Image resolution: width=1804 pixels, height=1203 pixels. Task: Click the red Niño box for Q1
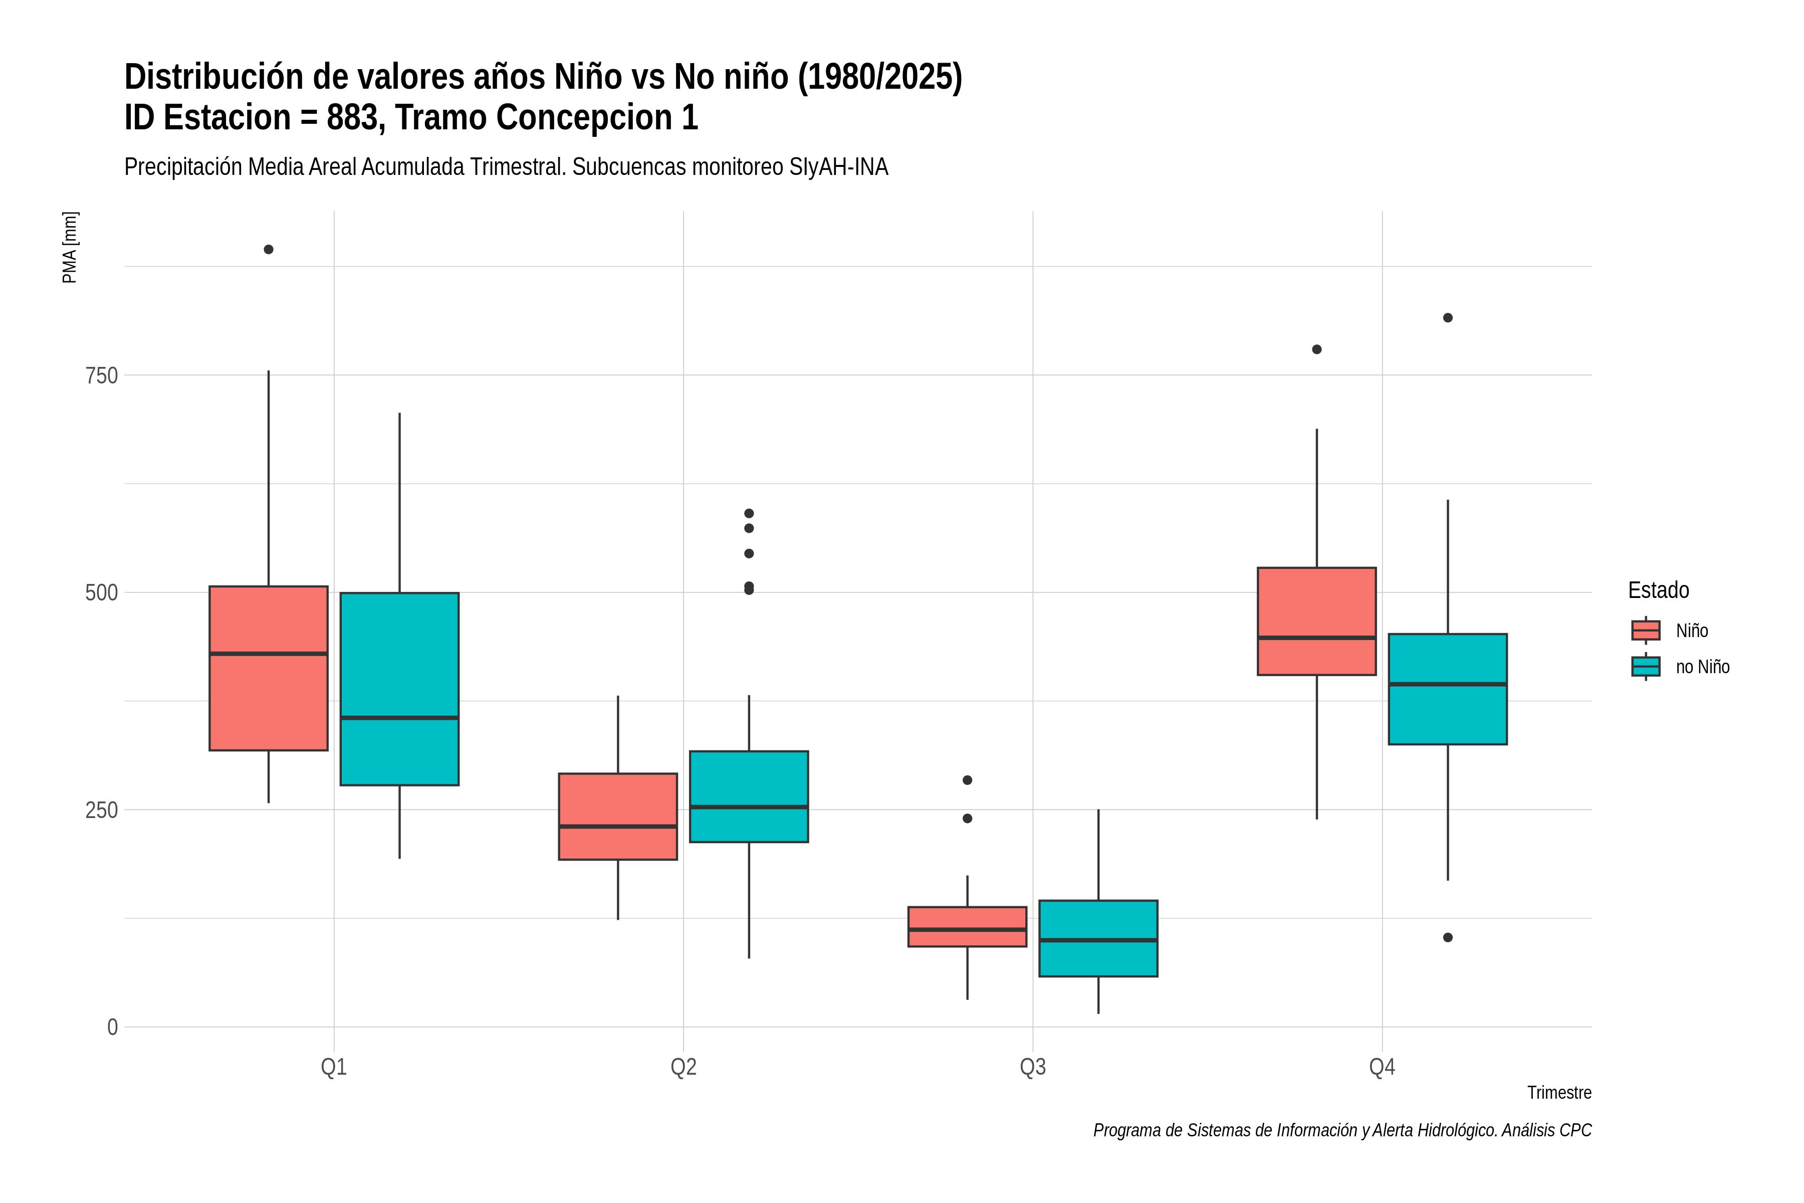coord(269,668)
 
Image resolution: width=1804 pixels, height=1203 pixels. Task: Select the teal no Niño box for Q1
coord(399,689)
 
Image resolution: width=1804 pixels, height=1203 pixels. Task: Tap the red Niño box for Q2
coord(618,817)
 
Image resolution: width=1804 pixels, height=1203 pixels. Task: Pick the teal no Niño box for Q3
coord(1098,938)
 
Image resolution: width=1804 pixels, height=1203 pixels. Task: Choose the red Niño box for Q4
coord(1317,622)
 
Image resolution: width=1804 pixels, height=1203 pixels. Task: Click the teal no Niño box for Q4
coord(1448,689)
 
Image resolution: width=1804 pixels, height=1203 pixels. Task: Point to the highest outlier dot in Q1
coord(269,249)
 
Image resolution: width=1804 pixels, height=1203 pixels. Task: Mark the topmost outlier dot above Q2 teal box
coord(749,513)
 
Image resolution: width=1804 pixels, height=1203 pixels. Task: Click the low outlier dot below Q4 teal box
coord(1448,937)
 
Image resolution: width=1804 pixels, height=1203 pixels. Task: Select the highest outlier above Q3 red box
coord(967,780)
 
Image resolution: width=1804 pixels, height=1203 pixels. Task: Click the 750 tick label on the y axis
coord(102,376)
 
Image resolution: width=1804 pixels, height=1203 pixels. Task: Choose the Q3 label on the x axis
coord(1033,1067)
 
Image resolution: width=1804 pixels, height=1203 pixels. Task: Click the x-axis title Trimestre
coord(1559,1093)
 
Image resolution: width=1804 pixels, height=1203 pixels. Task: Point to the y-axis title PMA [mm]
coord(70,248)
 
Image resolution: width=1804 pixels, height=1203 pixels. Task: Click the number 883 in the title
coord(352,117)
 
